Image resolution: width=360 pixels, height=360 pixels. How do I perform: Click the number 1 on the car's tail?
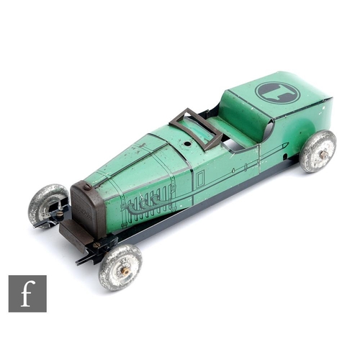pyautogui.click(x=279, y=93)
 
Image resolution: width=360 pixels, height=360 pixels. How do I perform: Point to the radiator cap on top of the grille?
pyautogui.click(x=87, y=186)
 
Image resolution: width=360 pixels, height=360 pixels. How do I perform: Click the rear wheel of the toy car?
pyautogui.click(x=319, y=151)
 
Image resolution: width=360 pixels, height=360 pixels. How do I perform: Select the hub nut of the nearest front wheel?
pyautogui.click(x=125, y=271)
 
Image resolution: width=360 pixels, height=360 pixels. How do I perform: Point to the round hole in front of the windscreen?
pyautogui.click(x=186, y=144)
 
